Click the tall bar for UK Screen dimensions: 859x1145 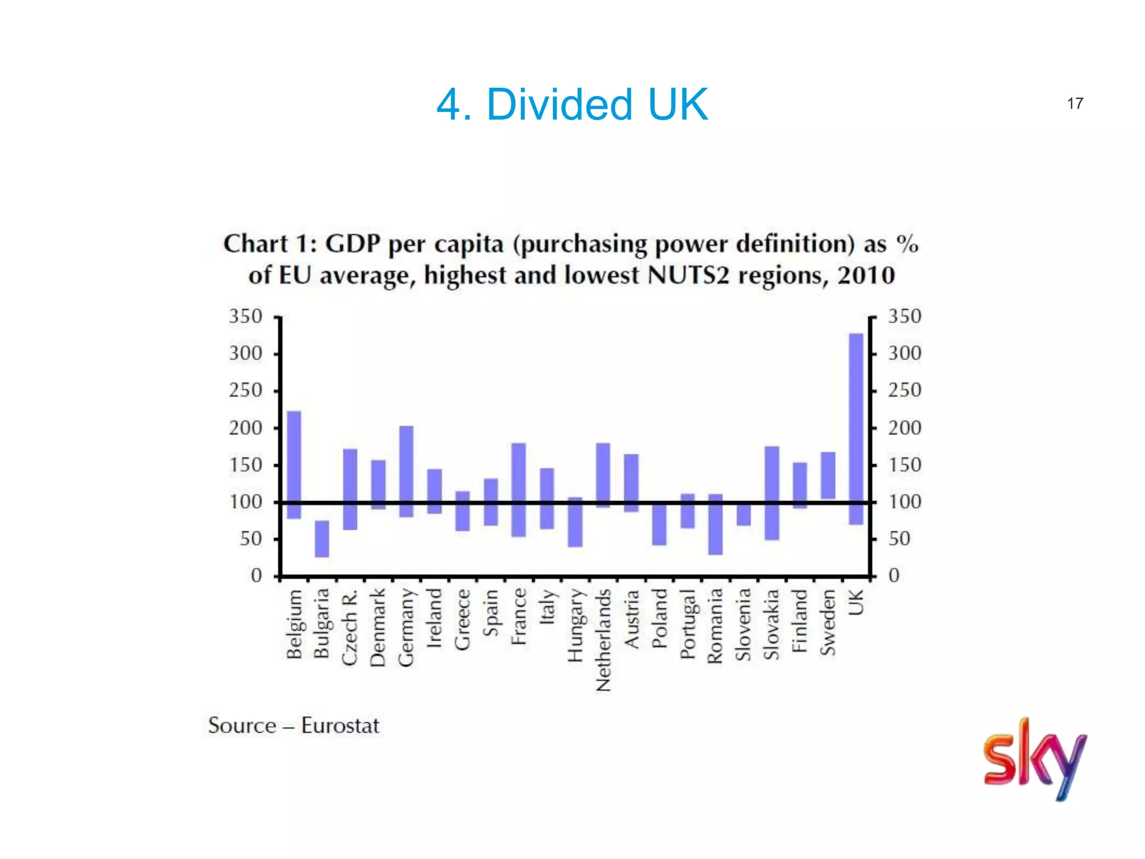856,428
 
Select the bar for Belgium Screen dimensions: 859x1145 294,465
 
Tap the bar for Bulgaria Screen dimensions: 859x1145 322,539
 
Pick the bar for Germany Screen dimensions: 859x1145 406,471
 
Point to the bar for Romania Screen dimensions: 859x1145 716,524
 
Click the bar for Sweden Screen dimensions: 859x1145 828,475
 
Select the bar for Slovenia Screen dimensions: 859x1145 744,515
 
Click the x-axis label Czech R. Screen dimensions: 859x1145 350,627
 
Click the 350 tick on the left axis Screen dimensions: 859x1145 245,317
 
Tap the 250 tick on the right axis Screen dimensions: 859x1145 905,390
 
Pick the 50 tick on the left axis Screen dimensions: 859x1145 251,539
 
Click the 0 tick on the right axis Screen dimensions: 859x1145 894,575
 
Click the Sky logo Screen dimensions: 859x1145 1034,759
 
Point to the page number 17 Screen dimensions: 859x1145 1075,103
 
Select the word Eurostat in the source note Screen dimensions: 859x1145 340,726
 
